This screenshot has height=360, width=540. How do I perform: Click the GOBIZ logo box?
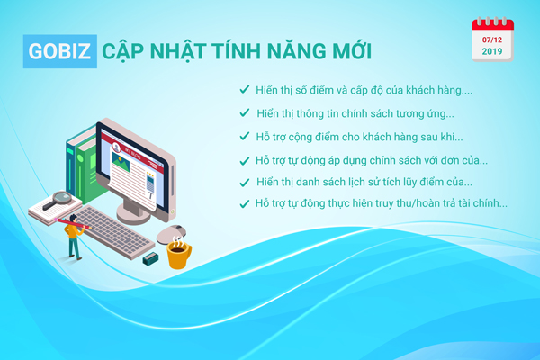pos(60,51)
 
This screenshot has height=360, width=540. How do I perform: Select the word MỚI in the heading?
pos(351,50)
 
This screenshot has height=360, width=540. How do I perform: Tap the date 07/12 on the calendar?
pos(491,40)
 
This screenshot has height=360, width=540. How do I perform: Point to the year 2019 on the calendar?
pos(491,51)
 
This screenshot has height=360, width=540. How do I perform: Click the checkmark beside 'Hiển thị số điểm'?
pos(245,89)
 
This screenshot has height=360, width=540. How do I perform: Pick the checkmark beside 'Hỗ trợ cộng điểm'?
pos(245,136)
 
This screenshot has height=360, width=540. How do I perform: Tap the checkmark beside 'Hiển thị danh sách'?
pos(245,183)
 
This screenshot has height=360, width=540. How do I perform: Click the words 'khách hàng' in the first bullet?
pos(434,90)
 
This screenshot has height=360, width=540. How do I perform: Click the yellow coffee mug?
pos(178,254)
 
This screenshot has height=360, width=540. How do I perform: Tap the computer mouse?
pos(171,234)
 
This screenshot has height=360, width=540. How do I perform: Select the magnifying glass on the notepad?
pos(58,200)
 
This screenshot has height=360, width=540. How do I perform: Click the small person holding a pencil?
pos(74,237)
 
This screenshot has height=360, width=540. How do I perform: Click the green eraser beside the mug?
pos(150,258)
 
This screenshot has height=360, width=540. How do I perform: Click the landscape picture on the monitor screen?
pos(121,162)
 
